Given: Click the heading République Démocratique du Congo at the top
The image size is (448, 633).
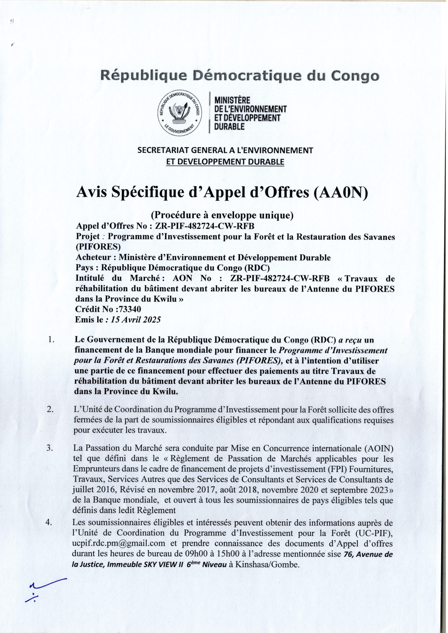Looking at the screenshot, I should (x=239, y=76).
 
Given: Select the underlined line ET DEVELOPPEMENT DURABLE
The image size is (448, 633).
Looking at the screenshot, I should (x=225, y=161).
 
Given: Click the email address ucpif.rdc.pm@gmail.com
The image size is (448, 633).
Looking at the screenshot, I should (x=119, y=543).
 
